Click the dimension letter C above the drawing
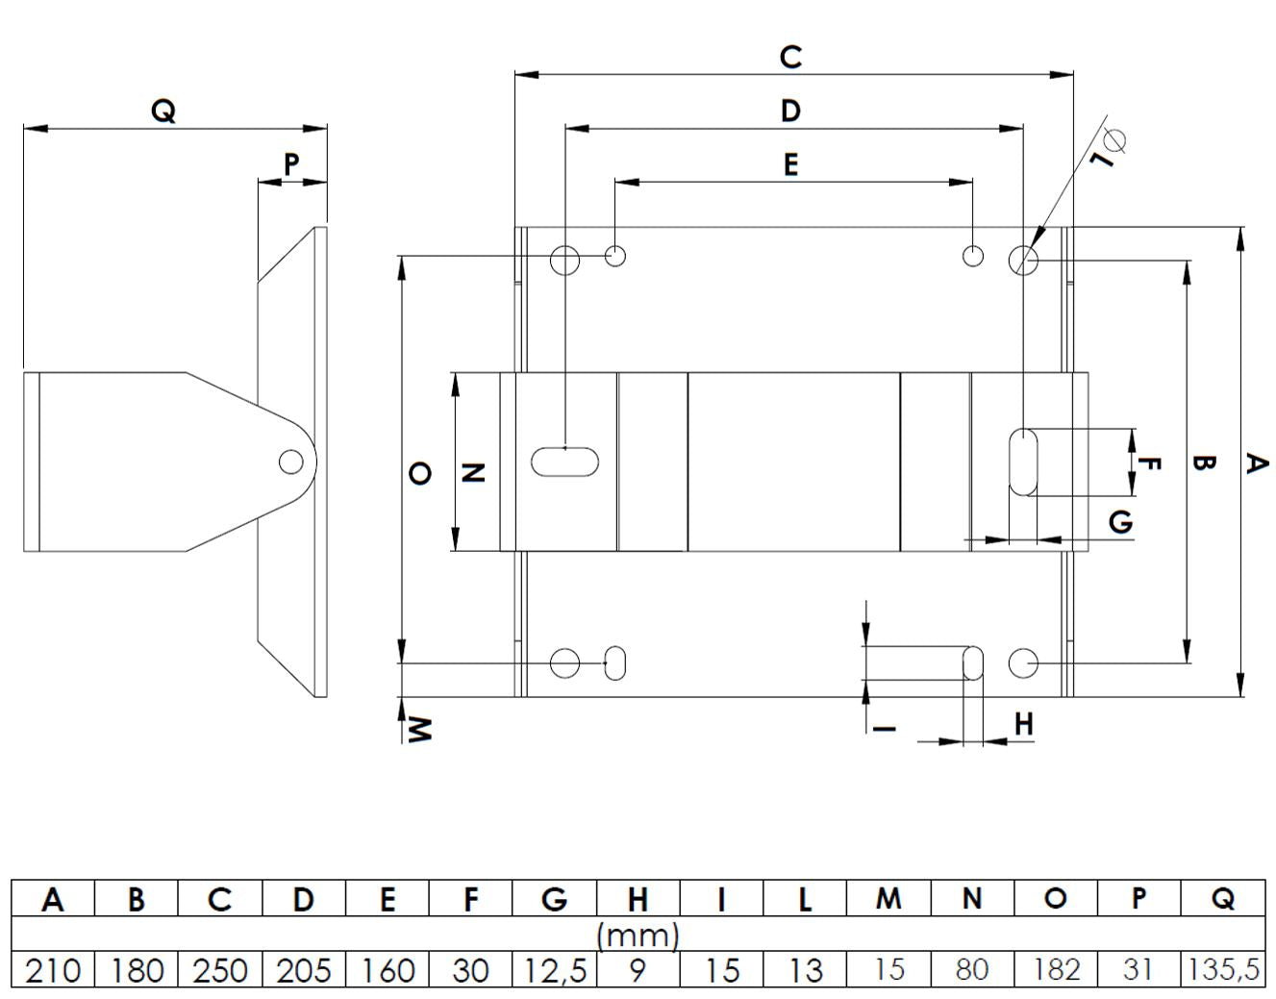(x=790, y=57)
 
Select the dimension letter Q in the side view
(x=163, y=111)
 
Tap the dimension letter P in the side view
(x=291, y=165)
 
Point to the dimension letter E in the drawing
(x=791, y=165)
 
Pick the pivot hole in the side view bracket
(x=290, y=462)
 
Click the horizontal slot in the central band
(x=564, y=462)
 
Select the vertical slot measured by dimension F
(x=1023, y=462)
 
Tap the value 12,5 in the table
(x=554, y=970)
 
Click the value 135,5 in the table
(x=1222, y=970)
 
